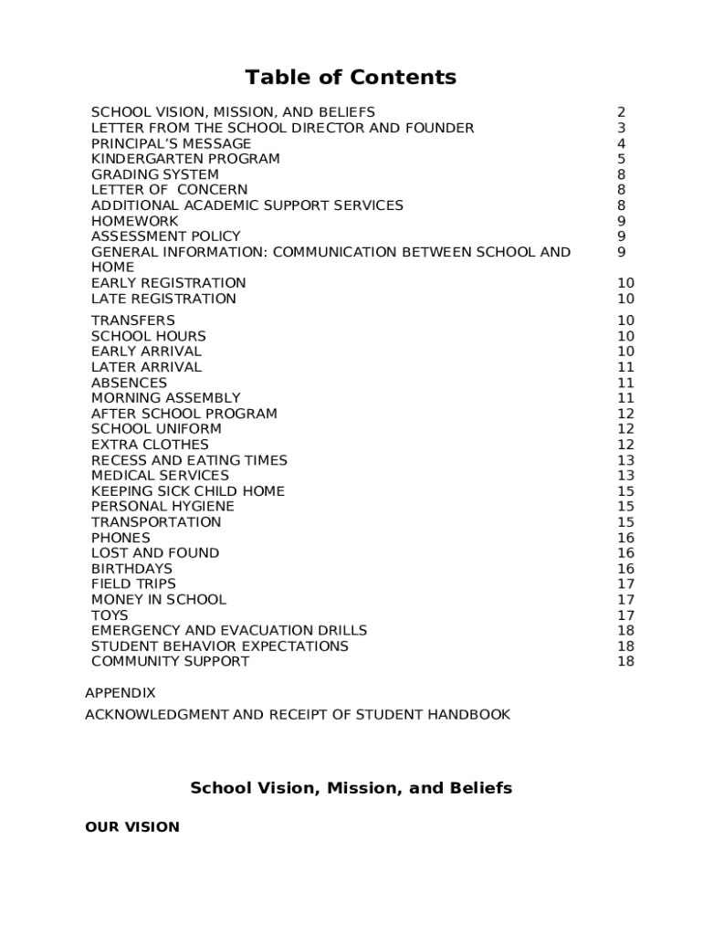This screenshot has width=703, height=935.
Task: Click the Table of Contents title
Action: click(351, 78)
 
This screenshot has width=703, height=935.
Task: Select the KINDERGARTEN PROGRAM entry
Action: click(185, 159)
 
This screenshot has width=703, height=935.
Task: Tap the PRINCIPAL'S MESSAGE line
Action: click(171, 143)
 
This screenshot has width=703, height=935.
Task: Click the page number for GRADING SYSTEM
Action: click(621, 174)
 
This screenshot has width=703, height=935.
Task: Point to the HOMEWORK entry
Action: click(134, 221)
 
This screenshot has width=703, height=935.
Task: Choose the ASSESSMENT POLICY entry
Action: click(165, 236)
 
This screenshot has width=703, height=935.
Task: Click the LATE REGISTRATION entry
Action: click(163, 299)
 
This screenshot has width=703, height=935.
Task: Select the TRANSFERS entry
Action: click(132, 320)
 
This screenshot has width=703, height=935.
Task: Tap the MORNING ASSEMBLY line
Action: click(165, 398)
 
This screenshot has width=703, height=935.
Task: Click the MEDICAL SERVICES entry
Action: click(160, 476)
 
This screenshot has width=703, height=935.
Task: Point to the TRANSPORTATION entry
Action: click(155, 522)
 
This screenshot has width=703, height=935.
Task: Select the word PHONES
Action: click(121, 538)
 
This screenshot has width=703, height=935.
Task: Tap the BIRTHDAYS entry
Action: click(131, 569)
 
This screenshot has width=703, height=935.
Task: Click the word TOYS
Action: click(110, 615)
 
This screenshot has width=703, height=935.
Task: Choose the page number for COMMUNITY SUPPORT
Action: click(625, 662)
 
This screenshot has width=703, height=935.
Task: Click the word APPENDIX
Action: click(120, 693)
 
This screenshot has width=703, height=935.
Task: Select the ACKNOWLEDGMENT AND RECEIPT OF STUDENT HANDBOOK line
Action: click(297, 714)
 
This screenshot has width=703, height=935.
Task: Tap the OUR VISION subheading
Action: click(131, 827)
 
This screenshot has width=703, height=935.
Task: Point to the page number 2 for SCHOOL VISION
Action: click(621, 112)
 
